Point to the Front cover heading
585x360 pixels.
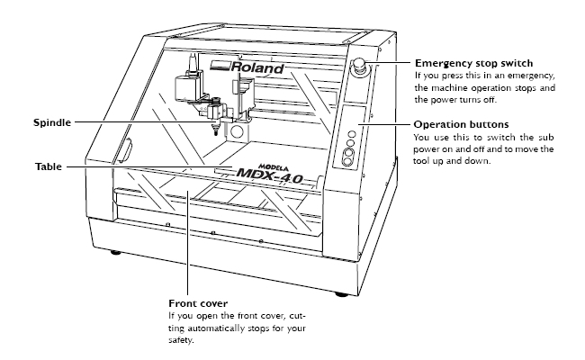coord(199,302)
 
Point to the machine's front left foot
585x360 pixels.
coord(113,251)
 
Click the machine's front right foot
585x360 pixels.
coord(341,293)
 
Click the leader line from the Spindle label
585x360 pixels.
coord(135,121)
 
